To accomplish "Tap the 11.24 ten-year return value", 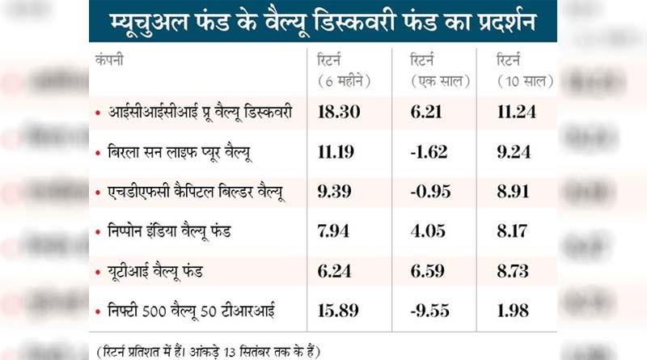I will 518,112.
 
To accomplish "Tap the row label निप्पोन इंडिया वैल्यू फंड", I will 171,231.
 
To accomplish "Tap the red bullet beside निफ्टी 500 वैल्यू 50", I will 98,311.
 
